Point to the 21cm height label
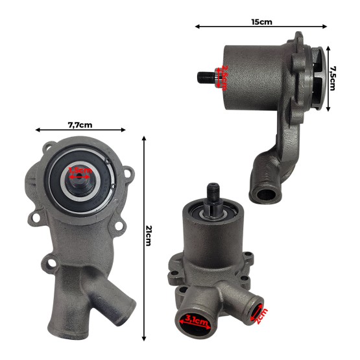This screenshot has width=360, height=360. [149, 235]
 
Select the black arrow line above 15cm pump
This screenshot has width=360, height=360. [261, 28]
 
